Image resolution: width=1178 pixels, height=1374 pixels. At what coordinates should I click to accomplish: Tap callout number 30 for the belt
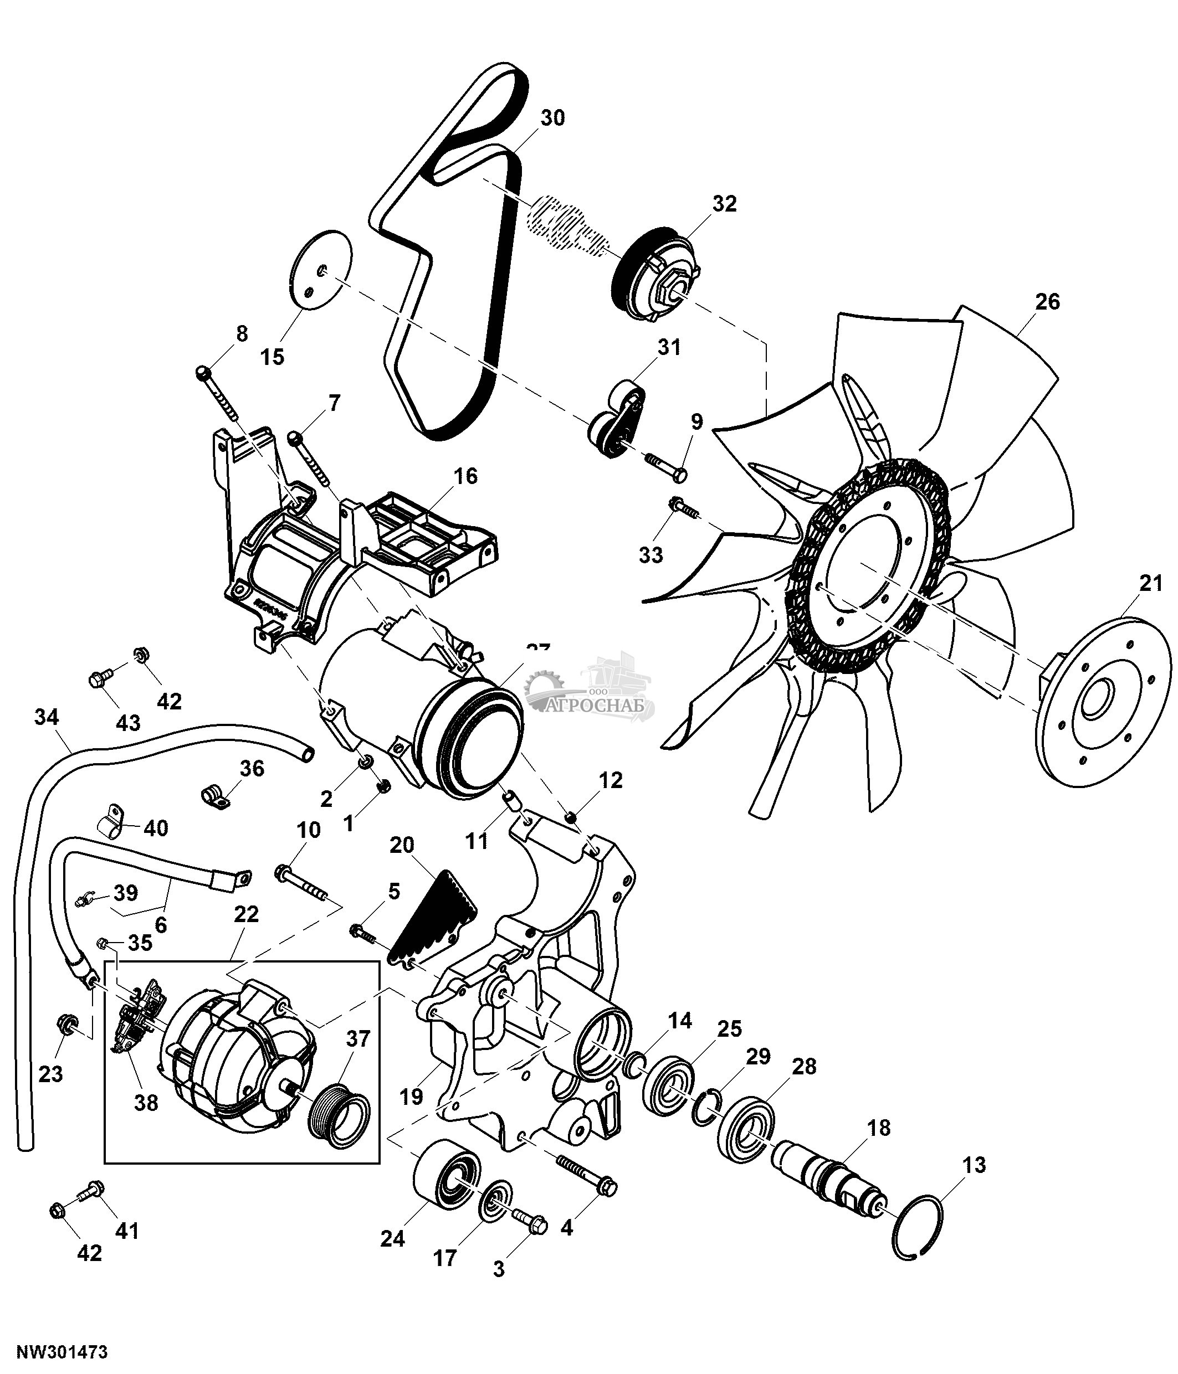[x=552, y=118]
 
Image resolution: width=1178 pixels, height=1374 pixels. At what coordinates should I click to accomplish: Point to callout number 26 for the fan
[x=1047, y=302]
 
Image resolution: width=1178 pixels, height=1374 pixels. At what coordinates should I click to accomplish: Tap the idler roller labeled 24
[x=445, y=1182]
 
